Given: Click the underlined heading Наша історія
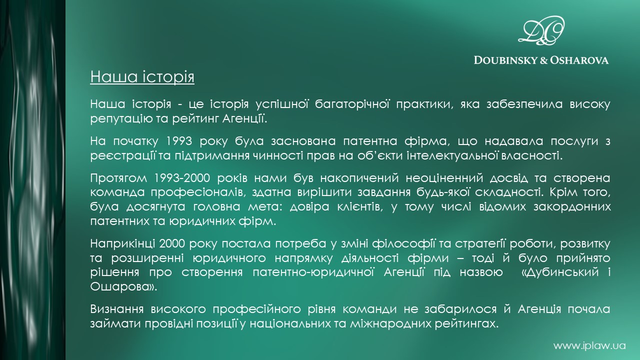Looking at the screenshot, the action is pos(142,77).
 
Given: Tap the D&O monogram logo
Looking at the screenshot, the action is pos(541,30).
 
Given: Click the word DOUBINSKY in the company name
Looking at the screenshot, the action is pos(505,60).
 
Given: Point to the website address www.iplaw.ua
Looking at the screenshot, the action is pos(589,345).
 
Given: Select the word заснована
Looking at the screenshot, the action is pos(303,141).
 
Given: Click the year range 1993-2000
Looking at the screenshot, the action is pos(182,178).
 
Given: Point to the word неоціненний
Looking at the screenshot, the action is pos(444,178).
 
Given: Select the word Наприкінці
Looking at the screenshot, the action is pos(122,243).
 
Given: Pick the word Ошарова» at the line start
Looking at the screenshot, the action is pos(123,286).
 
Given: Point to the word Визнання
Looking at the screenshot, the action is pos(117,309).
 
